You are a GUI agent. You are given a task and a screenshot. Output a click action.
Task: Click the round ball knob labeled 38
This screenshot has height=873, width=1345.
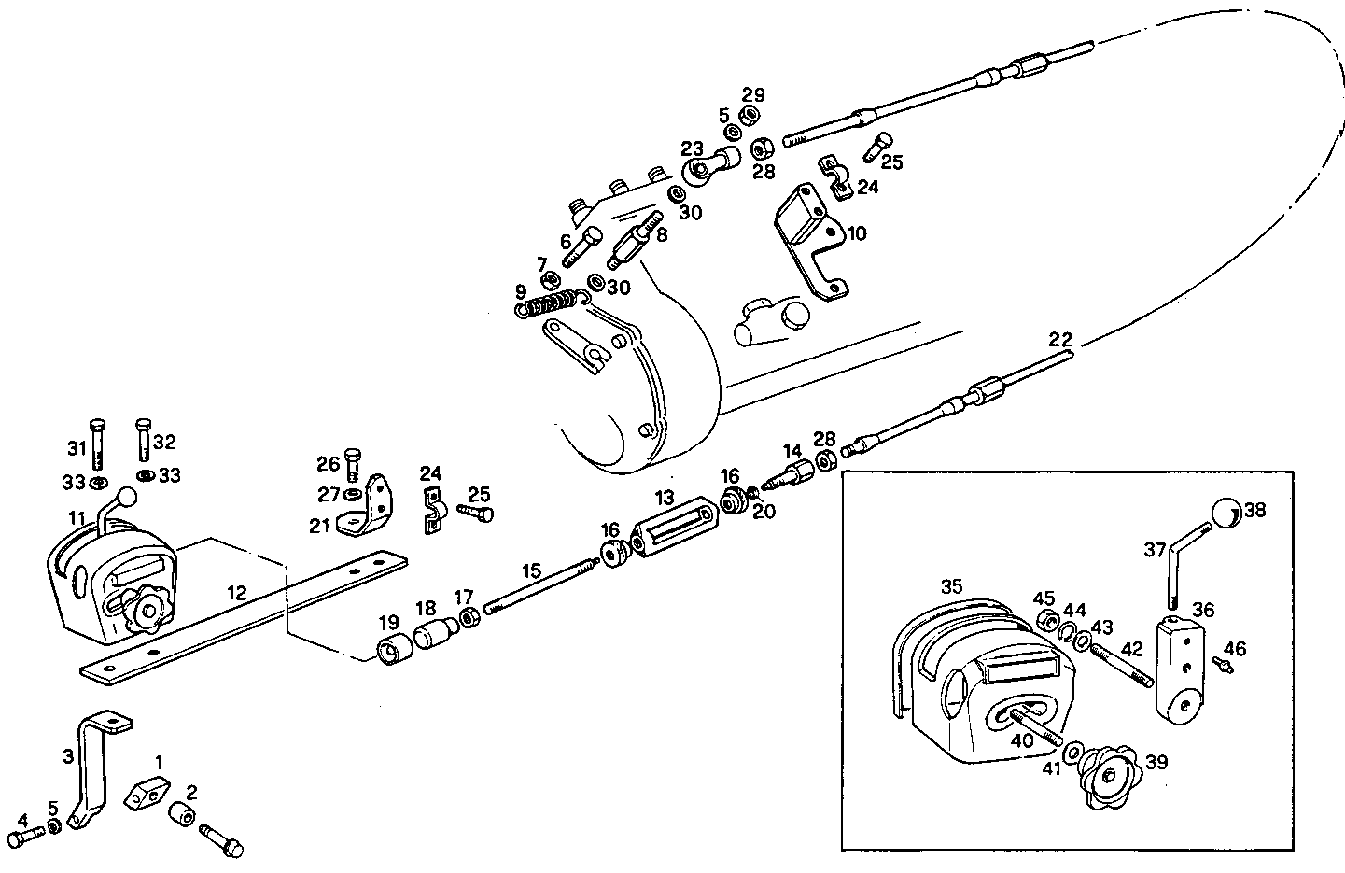pyautogui.click(x=1227, y=514)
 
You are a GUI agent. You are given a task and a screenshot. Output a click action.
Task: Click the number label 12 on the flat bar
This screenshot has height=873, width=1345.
pyautogui.click(x=238, y=593)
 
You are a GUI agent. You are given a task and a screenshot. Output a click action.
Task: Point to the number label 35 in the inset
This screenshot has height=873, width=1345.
pyautogui.click(x=950, y=587)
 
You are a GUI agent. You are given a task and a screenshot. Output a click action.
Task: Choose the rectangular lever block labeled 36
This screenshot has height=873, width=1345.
pyautogui.click(x=1179, y=670)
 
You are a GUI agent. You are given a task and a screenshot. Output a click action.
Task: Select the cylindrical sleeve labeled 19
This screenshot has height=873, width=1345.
pyautogui.click(x=391, y=647)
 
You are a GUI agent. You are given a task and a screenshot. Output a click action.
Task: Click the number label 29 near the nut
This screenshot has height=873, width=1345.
pyautogui.click(x=753, y=93)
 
